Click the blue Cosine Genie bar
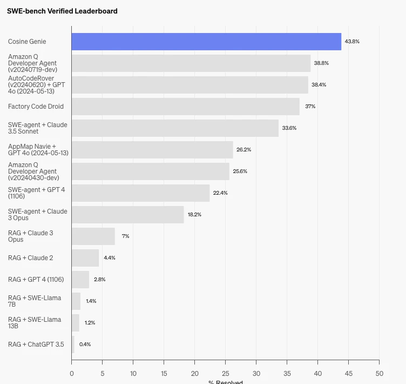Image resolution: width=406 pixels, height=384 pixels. click(x=206, y=42)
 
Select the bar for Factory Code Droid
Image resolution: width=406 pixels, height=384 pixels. click(x=185, y=107)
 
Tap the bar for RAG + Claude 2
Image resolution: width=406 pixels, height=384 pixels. click(x=85, y=258)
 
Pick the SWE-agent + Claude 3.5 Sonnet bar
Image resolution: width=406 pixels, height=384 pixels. click(x=175, y=128)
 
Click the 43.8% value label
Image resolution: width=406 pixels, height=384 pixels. click(x=352, y=42)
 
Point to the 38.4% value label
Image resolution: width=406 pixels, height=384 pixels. click(x=319, y=85)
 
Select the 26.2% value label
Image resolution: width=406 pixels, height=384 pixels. click(x=243, y=150)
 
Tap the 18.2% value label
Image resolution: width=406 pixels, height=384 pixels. click(x=194, y=215)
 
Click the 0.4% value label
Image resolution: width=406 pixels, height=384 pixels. click(x=85, y=345)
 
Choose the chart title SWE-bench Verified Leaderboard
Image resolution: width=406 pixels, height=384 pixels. click(x=62, y=11)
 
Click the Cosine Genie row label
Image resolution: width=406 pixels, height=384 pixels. click(x=27, y=42)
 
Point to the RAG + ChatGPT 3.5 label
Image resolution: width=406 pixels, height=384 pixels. click(x=36, y=345)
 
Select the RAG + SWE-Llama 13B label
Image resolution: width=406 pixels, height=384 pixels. click(x=35, y=323)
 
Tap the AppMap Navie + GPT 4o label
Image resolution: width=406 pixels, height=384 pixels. click(x=38, y=150)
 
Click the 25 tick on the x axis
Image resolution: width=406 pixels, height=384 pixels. click(x=226, y=373)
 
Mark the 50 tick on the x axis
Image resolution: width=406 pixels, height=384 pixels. click(x=379, y=373)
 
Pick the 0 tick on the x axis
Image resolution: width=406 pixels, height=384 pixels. click(x=72, y=373)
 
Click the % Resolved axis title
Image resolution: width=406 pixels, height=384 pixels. click(x=226, y=382)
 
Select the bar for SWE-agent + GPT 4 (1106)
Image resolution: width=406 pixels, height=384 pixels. click(x=140, y=193)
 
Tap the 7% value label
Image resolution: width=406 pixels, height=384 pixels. click(x=125, y=236)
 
